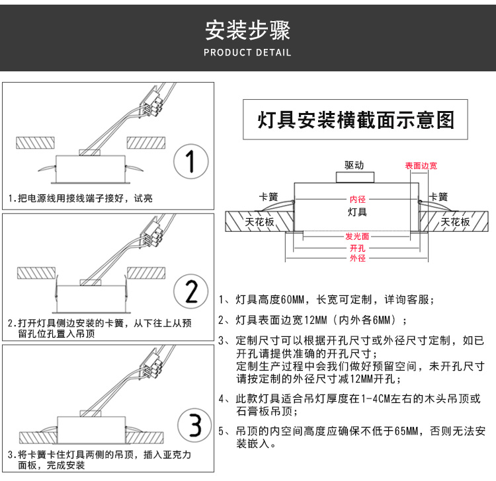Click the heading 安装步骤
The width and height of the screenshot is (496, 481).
247,30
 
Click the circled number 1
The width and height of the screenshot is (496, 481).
191,161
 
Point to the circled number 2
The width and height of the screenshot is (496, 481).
191,291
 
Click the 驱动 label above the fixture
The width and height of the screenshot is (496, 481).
354,165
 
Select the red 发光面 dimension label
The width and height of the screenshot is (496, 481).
357,237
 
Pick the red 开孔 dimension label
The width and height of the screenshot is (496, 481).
357,248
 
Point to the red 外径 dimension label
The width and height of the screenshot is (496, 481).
357,258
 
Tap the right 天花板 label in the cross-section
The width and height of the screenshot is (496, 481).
455,222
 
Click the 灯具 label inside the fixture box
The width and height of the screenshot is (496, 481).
357,212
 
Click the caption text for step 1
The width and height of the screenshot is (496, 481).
80,198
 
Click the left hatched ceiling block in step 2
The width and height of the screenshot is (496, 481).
36,272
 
